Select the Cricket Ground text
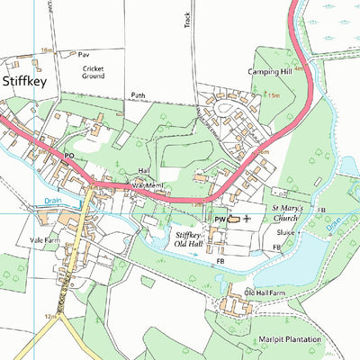(x=94, y=72)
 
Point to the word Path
(x=137, y=94)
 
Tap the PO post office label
(x=67, y=156)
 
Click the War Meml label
(x=146, y=185)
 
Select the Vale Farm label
(x=43, y=241)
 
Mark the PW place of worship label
(x=219, y=219)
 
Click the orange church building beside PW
(x=233, y=219)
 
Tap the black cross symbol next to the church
(x=247, y=219)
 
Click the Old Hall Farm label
(x=264, y=293)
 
